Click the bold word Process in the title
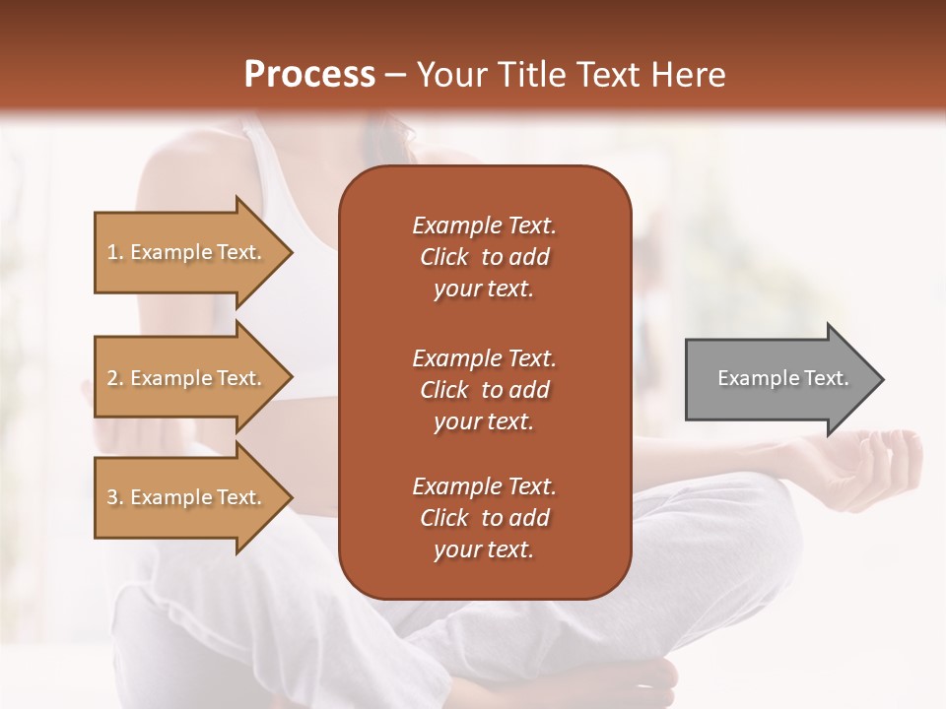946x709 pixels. coord(309,75)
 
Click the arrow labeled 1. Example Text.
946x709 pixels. coord(187,252)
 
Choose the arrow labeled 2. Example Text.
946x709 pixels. coord(187,378)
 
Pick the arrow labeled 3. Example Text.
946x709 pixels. coord(187,497)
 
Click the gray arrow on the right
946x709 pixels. coord(778,378)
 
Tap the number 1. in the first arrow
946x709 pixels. coord(115,253)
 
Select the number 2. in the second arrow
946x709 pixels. coord(115,378)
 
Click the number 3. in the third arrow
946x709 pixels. coord(115,498)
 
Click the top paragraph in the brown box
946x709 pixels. coord(484,257)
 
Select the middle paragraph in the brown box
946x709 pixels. coord(484,389)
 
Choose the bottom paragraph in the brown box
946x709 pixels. coord(484,518)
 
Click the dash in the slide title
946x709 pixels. coord(395,76)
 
